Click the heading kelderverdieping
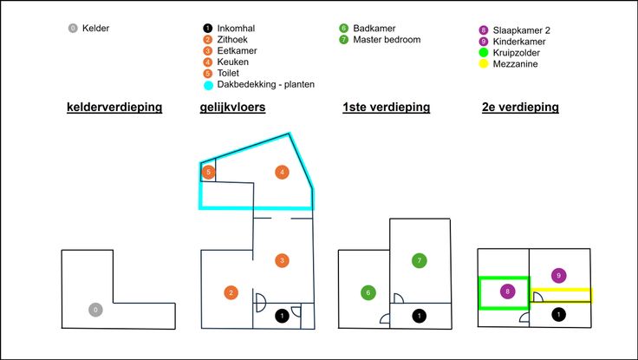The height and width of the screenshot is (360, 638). (114, 108)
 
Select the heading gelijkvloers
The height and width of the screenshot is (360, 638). (232, 108)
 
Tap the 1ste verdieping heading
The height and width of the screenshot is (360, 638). (387, 108)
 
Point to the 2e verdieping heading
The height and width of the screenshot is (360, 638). (520, 108)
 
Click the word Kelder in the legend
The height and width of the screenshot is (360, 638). (95, 28)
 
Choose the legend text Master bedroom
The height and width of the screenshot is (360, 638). (387, 40)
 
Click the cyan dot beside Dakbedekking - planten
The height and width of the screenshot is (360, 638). (208, 85)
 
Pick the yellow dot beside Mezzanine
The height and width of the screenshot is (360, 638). (484, 63)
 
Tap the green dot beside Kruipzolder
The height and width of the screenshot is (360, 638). (484, 52)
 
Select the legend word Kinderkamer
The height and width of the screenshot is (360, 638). (520, 41)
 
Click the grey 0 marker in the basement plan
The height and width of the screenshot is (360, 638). (95, 310)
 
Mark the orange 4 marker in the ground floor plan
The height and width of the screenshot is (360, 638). (281, 172)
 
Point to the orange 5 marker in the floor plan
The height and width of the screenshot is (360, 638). (208, 172)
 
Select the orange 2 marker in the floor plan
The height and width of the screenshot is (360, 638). (231, 292)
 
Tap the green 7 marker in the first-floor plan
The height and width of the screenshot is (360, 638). (420, 260)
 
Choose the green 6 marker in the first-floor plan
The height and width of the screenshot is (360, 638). (368, 292)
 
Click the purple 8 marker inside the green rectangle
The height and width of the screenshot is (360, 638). (507, 292)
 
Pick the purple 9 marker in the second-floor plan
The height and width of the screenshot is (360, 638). (559, 275)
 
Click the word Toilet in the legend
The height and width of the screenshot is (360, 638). (230, 74)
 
